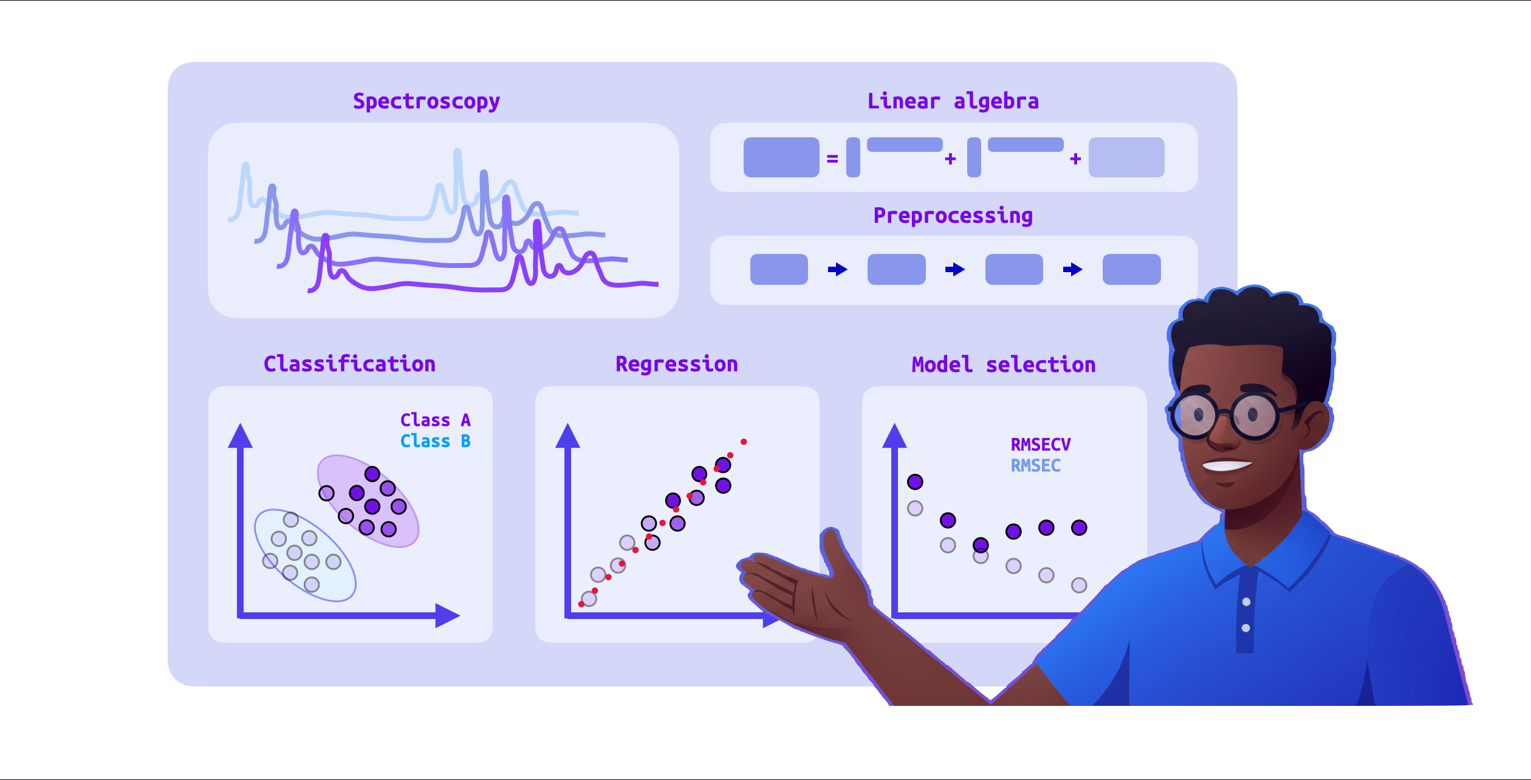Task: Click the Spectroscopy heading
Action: (x=426, y=101)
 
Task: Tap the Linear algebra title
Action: (x=953, y=101)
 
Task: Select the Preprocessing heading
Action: (x=953, y=216)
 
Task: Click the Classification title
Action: (x=349, y=364)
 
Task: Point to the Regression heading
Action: (x=676, y=364)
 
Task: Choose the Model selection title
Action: (x=1004, y=364)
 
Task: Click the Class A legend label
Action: (x=435, y=420)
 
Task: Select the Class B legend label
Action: (x=435, y=441)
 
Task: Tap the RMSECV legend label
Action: (x=1040, y=445)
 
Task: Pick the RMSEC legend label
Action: (x=1035, y=466)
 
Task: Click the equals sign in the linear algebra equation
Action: (x=832, y=159)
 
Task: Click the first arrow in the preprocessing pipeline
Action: (x=838, y=269)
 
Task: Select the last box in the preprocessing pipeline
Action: (x=1131, y=269)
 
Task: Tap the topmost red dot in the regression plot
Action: (x=744, y=442)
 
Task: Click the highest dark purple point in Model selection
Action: (x=915, y=482)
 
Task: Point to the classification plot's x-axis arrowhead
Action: (x=447, y=615)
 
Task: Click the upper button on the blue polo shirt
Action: (x=1246, y=602)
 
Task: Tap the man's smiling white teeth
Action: (x=1226, y=466)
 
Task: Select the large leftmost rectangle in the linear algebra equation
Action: (x=781, y=157)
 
